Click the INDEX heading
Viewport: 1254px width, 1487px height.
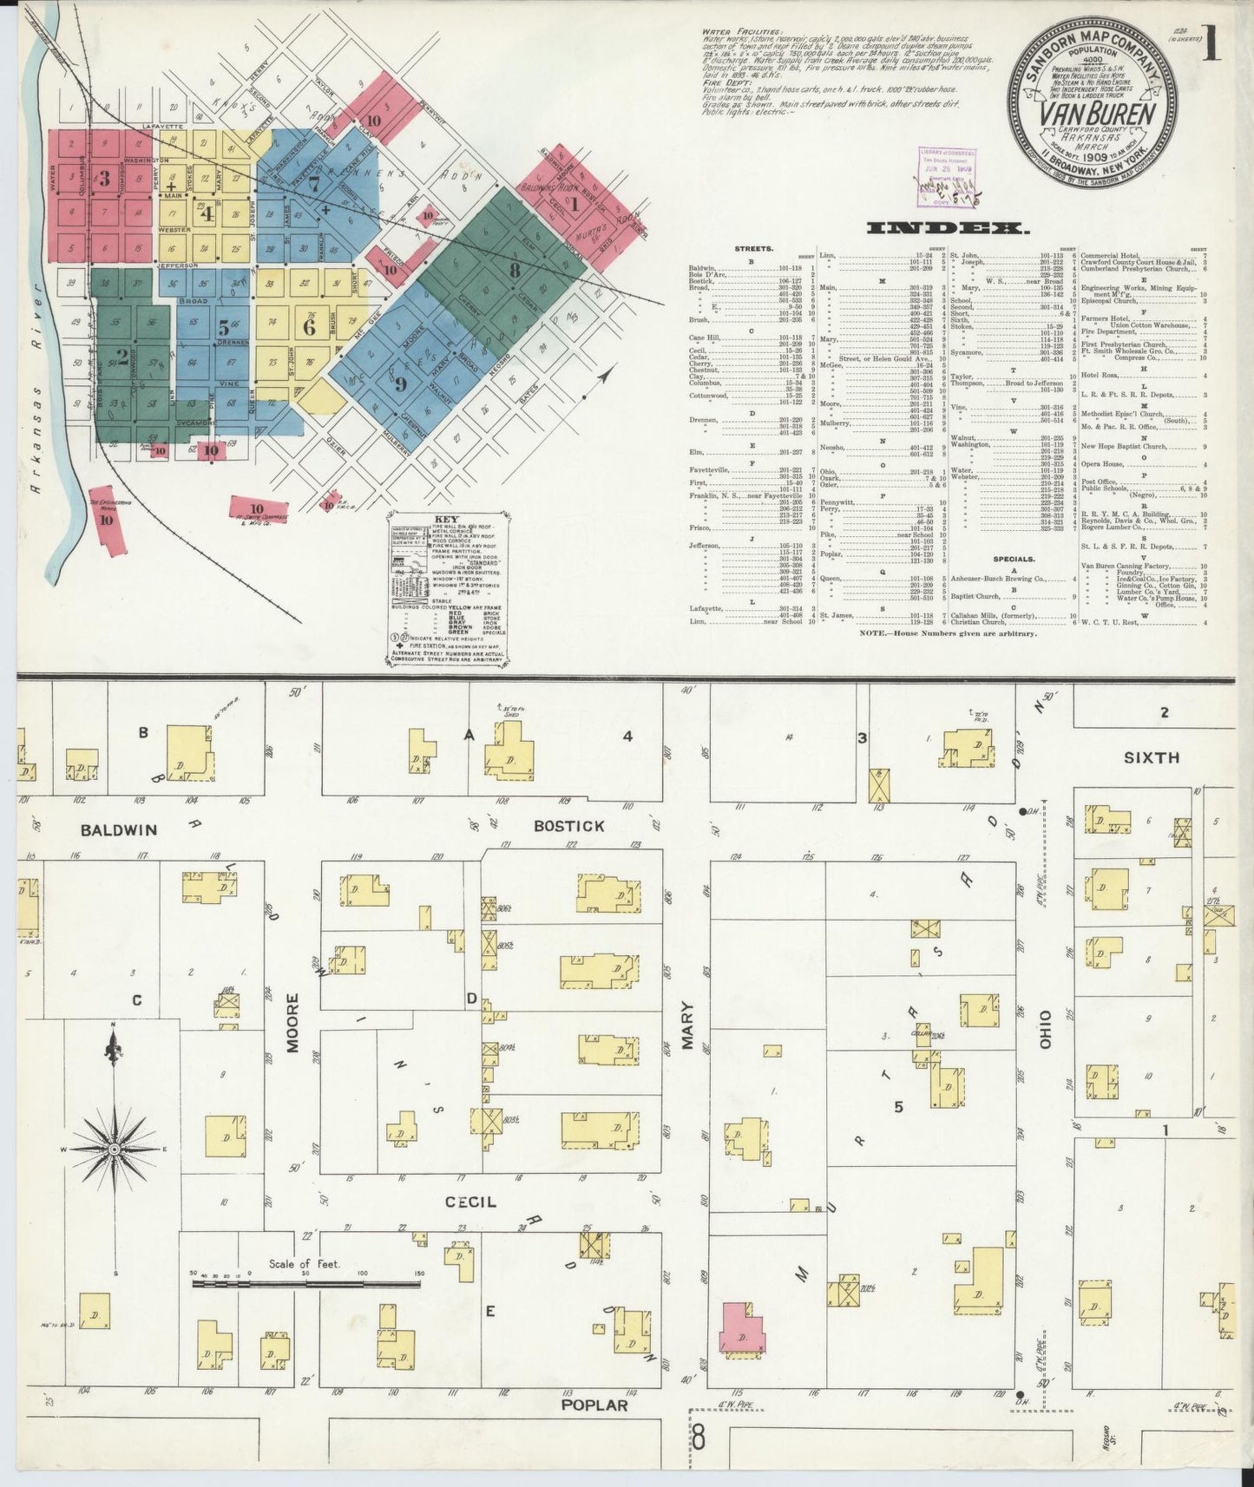[x=947, y=228]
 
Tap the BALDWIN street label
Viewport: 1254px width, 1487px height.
[x=119, y=830]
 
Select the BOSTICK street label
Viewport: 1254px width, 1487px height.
[x=568, y=826]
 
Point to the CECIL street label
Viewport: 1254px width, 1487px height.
[x=470, y=1202]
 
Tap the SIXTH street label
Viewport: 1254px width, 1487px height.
[x=1151, y=757]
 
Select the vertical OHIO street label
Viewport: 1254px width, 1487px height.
[x=1045, y=1030]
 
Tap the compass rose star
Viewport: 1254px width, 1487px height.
[x=114, y=1150]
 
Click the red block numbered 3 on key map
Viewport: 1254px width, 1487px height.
[x=104, y=179]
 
